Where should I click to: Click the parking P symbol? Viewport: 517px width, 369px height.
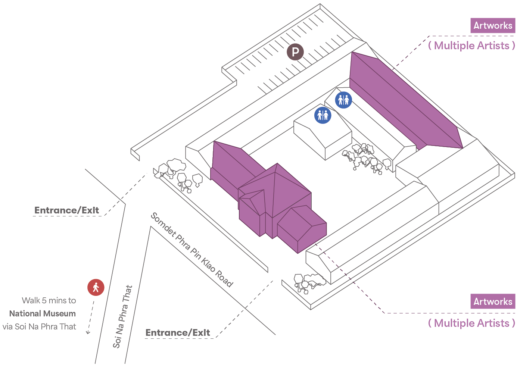click(295, 52)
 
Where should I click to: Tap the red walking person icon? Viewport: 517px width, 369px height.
click(96, 287)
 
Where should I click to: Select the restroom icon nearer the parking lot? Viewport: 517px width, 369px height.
click(343, 100)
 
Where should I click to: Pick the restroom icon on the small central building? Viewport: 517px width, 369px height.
click(323, 115)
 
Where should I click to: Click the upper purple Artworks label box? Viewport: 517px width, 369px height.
click(493, 26)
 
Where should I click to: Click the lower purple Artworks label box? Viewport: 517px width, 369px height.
click(493, 301)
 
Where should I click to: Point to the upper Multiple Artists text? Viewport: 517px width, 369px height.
click(472, 46)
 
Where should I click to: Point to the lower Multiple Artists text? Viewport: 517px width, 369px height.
click(472, 323)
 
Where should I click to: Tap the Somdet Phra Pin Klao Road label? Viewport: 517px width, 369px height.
click(192, 250)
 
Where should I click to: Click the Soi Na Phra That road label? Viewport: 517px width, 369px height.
click(123, 316)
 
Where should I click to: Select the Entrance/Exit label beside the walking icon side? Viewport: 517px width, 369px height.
click(67, 210)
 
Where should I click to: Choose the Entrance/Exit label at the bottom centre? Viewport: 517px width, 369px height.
click(178, 333)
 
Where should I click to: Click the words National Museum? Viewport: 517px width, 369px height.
click(43, 313)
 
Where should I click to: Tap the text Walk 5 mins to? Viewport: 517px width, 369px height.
click(49, 301)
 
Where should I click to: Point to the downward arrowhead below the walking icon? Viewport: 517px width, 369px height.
click(88, 332)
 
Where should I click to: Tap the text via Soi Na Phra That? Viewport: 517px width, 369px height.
click(39, 326)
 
